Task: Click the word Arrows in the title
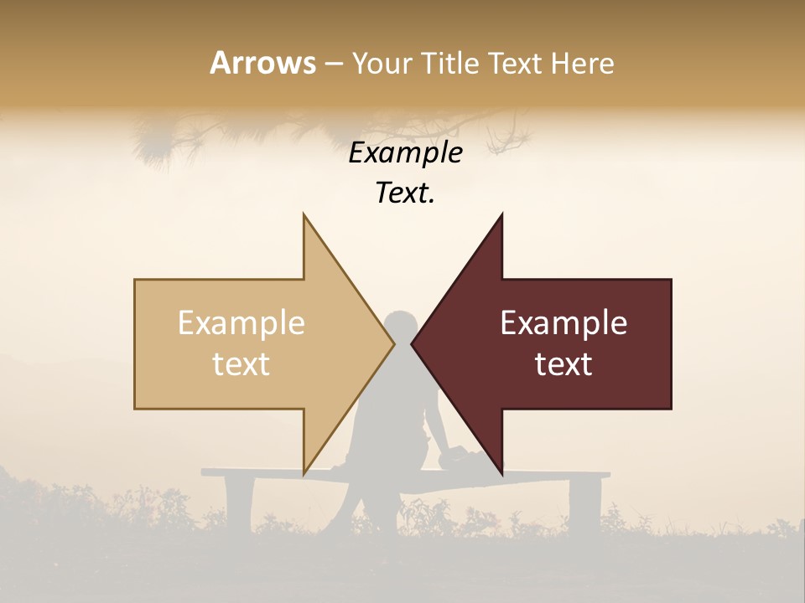(262, 63)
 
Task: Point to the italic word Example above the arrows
(405, 152)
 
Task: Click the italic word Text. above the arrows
(405, 193)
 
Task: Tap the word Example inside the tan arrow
(241, 323)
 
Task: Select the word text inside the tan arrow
(241, 363)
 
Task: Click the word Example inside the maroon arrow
(563, 323)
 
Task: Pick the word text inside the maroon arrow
(563, 363)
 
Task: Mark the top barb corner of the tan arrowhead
(304, 215)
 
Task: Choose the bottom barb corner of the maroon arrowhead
(501, 473)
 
